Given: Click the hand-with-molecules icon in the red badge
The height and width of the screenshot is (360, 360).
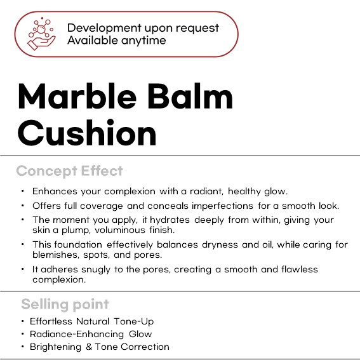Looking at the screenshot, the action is point(41,34).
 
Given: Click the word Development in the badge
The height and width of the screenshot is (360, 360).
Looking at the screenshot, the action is point(104,28).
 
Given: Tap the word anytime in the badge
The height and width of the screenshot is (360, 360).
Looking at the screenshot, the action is point(143,41).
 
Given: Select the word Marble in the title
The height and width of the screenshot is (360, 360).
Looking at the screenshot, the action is point(77,96).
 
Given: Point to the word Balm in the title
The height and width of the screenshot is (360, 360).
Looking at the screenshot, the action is point(190,96).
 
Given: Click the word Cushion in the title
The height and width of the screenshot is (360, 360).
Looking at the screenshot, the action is point(87,133).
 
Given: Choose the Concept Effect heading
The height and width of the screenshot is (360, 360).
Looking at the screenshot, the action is point(70,171).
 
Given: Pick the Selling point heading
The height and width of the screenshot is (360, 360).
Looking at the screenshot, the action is point(65,305).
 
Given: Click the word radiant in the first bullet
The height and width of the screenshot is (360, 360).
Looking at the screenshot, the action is point(206,191).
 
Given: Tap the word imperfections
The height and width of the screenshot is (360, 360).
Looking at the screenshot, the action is point(222,206).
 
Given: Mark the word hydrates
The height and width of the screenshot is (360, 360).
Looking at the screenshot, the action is point(170,220).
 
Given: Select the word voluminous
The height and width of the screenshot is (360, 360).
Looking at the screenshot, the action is point(120,230).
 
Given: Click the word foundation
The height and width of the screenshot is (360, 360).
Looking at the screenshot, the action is point(78,244).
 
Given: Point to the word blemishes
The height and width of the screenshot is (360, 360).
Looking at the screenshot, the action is point(56,255).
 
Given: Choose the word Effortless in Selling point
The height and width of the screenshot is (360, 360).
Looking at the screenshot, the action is point(51,321).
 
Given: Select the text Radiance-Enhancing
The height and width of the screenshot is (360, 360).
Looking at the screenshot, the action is point(77,335).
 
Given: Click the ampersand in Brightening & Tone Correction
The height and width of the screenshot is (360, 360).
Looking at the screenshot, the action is point(89,347).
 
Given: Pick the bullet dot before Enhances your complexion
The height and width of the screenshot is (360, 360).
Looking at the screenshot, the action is point(22,191).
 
